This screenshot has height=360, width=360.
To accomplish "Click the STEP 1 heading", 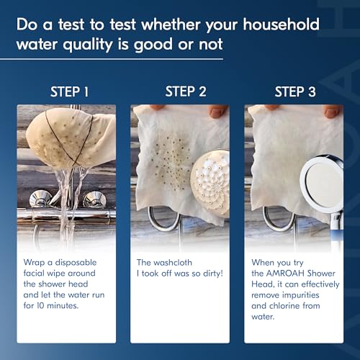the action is tap(69, 92).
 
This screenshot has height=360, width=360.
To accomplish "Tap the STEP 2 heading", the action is tap(186, 91).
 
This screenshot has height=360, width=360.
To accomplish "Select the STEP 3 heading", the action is tap(295, 92).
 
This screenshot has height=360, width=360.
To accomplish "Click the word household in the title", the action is tap(281, 24).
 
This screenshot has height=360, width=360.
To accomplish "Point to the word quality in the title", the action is tap(88, 45).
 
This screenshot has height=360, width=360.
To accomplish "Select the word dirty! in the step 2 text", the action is tap(213, 274).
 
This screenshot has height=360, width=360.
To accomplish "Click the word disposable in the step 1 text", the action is tap(76, 263).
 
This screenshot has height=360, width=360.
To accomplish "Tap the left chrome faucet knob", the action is tap(40, 199).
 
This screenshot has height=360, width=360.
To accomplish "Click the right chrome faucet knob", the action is tap(95, 199).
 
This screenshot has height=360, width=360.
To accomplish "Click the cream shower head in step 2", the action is tap(210, 184).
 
